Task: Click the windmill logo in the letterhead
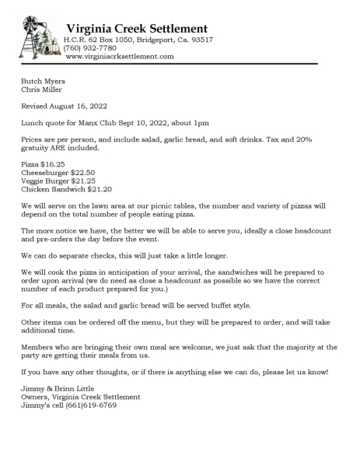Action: point(37,37)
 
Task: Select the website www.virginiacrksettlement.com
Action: point(120,56)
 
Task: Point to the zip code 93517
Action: point(201,39)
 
